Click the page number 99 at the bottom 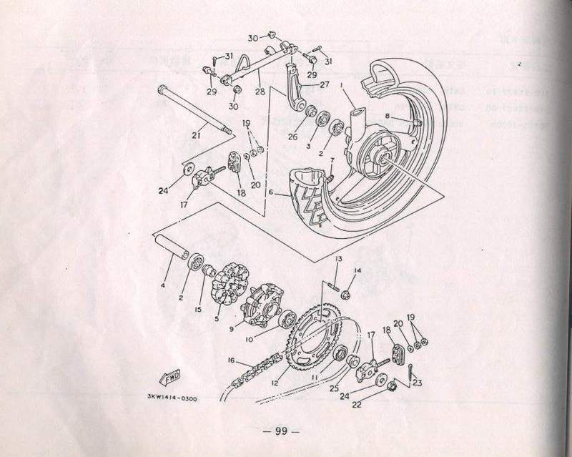(x=285, y=431)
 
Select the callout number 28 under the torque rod (x=258, y=92)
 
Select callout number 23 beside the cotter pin (x=418, y=383)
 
